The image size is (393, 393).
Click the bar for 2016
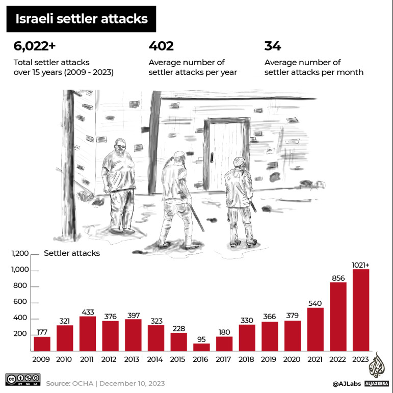coord(201,347)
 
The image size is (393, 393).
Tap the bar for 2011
coord(87,334)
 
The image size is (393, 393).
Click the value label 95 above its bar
coord(201,339)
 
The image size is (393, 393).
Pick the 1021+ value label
coord(361,265)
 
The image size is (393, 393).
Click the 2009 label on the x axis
coord(42,359)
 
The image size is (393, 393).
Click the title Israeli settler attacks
coord(82,19)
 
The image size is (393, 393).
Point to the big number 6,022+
coord(35,46)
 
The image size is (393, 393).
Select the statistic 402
coord(161,46)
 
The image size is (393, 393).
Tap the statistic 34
coord(273,46)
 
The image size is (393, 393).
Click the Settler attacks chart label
coord(72,253)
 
